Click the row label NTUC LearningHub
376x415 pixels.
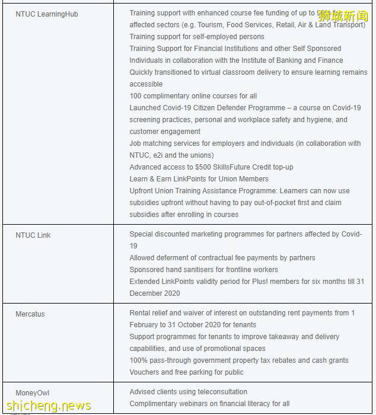(46, 14)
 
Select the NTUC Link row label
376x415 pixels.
(33, 235)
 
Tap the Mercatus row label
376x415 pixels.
(30, 314)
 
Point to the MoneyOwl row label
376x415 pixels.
(33, 393)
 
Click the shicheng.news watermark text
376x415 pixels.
(47, 406)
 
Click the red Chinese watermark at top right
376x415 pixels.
(343, 16)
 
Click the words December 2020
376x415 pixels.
(155, 293)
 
